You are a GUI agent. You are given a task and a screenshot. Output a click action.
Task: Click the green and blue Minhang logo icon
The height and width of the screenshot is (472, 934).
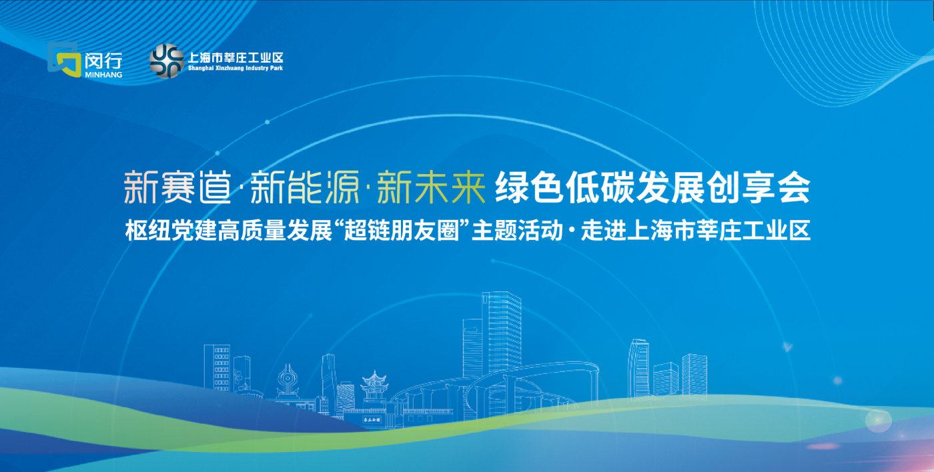point(64,59)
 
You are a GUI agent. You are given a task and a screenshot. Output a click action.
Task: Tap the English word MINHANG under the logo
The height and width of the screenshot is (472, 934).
point(103,75)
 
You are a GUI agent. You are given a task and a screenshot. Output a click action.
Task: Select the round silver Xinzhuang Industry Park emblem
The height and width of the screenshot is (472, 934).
point(167,61)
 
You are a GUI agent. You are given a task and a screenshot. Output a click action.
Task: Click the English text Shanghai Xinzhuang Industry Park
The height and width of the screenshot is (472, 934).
point(235,68)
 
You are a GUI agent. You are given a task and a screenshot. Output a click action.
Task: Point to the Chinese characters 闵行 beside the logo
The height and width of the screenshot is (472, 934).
point(103,61)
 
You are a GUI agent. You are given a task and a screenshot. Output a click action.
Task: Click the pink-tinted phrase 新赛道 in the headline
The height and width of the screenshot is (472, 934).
point(177,187)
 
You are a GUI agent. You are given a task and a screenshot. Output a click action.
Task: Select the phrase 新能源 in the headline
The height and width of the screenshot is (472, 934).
point(304,187)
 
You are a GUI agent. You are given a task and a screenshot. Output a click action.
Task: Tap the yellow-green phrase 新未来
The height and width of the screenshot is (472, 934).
point(431,187)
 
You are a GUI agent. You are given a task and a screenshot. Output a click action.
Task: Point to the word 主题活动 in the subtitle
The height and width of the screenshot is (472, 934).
point(517,231)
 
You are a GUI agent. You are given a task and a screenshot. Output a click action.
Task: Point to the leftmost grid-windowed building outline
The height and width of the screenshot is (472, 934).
point(217,367)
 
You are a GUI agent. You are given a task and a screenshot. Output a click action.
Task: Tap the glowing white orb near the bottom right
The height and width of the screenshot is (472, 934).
point(878,421)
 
